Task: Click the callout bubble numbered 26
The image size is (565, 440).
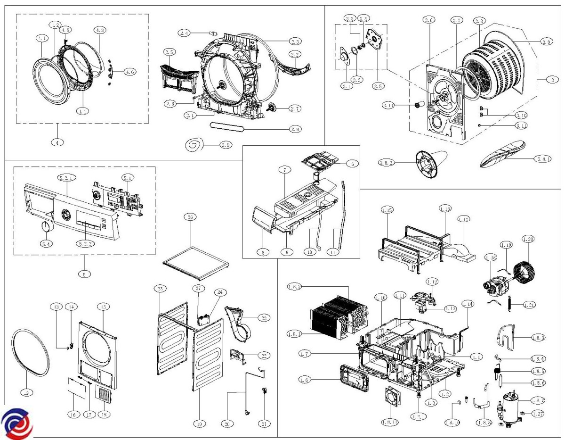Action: tap(190, 217)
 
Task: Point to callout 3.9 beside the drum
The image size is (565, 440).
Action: tap(546, 42)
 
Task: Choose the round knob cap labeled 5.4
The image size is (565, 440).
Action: tap(46, 227)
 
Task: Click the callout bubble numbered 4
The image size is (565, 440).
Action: tap(57, 142)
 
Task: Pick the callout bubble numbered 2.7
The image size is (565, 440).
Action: tap(295, 108)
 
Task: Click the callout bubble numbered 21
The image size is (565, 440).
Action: tap(264, 424)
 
